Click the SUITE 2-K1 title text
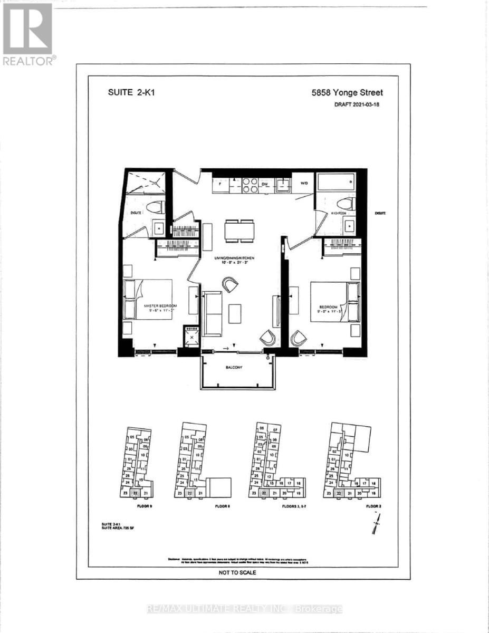pyautogui.click(x=123, y=92)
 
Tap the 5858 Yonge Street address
pyautogui.click(x=345, y=92)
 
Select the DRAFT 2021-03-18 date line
pyautogui.click(x=357, y=104)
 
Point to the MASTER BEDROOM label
pyautogui.click(x=160, y=306)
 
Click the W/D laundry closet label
pyautogui.click(x=304, y=185)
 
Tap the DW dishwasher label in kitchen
pyautogui.click(x=265, y=185)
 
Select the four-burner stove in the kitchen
pyautogui.click(x=250, y=185)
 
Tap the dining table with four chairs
pyautogui.click(x=239, y=231)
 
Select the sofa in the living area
pyautogui.click(x=213, y=313)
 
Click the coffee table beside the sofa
pyautogui.click(x=235, y=314)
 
